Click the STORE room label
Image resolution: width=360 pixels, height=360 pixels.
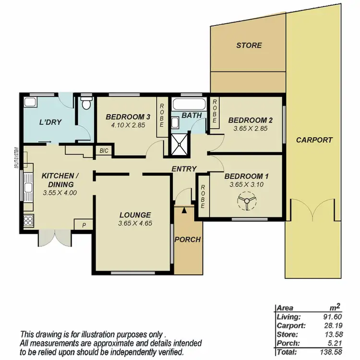(249, 46)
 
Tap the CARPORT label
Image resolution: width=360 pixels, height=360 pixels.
(314, 140)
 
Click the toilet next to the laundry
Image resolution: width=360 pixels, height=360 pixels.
(86, 103)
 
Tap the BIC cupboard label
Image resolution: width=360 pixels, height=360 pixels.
(104, 151)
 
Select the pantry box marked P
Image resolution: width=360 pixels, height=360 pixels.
(84, 225)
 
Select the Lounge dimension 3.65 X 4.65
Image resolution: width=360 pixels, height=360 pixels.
(135, 223)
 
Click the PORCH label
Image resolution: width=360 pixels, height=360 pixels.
(187, 240)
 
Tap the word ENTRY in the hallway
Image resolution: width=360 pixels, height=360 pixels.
(184, 168)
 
